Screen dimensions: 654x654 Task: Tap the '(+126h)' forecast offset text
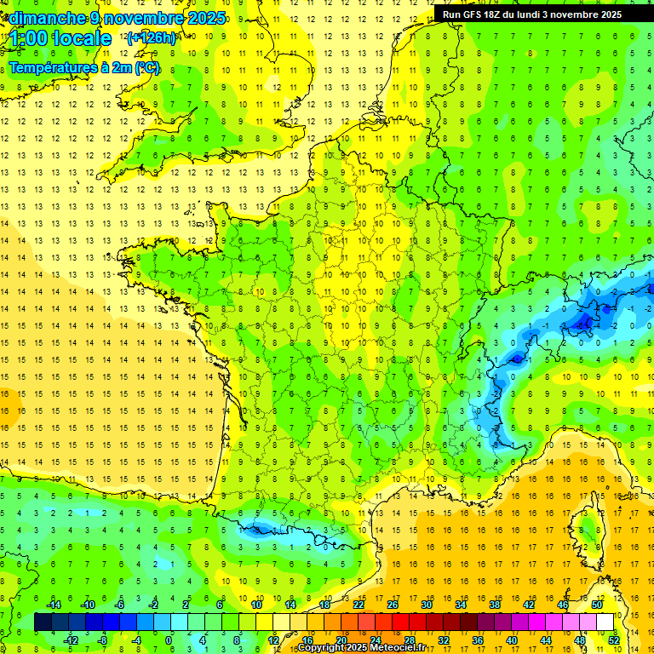click(151, 37)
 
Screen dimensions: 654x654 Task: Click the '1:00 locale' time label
click(60, 38)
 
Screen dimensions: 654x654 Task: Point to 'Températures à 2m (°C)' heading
click(83, 68)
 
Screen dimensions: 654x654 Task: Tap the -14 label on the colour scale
click(53, 605)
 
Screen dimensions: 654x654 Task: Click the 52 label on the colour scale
click(613, 640)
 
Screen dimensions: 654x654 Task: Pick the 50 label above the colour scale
click(596, 605)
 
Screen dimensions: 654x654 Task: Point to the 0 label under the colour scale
click(169, 640)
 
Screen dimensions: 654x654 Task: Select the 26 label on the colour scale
click(392, 605)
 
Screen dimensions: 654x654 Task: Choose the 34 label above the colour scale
click(460, 605)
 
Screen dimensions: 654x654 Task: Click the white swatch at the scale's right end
click(605, 622)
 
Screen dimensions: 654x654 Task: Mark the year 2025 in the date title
click(207, 18)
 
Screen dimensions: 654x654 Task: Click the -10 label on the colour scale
click(87, 605)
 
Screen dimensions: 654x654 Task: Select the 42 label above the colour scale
click(528, 605)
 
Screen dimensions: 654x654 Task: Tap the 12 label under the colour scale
click(272, 640)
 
